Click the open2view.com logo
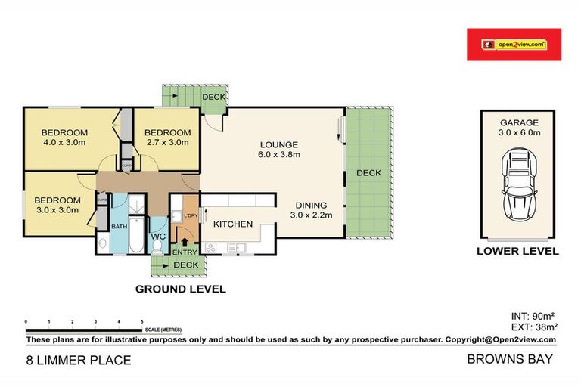(514, 45)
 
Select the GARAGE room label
(519, 122)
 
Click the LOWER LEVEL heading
(518, 251)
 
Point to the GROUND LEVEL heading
(180, 289)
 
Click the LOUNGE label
(279, 144)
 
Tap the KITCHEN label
(231, 224)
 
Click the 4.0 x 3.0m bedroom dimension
(64, 141)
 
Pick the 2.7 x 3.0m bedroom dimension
(167, 141)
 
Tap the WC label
(158, 237)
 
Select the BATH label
(120, 225)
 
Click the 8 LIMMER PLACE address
(79, 360)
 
